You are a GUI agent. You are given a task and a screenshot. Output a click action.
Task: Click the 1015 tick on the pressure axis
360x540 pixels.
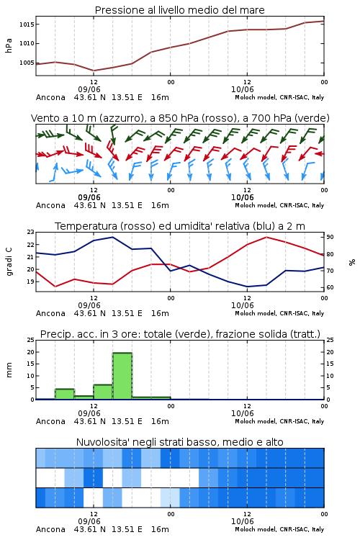tap(27, 24)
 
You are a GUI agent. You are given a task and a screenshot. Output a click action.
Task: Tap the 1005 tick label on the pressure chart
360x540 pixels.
tap(27, 63)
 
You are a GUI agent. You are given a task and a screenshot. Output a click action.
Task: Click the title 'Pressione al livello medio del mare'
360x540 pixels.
tap(180, 10)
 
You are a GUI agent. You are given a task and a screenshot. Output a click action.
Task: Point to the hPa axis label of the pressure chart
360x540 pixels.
tap(9, 45)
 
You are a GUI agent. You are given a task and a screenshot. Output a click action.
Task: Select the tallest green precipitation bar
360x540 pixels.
tap(122, 376)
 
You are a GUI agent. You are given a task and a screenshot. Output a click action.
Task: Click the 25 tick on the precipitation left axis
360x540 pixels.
tap(31, 340)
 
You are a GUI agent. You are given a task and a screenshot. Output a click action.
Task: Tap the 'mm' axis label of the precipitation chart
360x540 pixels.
tap(9, 370)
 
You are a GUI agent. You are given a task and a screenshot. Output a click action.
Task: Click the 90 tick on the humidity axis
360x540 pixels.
tap(330, 237)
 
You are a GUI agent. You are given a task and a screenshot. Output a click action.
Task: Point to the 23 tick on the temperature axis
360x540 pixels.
tap(31, 232)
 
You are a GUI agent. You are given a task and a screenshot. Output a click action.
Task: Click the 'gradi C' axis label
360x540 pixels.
tap(9, 261)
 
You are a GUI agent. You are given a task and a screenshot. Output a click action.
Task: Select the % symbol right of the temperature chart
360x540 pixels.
tap(352, 262)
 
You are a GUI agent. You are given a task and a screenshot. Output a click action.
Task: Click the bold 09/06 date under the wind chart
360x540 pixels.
tap(89, 197)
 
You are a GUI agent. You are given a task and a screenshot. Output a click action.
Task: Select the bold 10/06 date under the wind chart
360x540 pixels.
tap(243, 197)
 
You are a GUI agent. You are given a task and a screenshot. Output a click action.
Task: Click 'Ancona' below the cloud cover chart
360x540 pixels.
tap(50, 529)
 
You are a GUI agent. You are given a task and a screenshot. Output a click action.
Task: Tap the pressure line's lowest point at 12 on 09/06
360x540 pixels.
tap(94, 71)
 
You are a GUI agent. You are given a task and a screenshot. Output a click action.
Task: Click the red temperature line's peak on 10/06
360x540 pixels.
tap(266, 237)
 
